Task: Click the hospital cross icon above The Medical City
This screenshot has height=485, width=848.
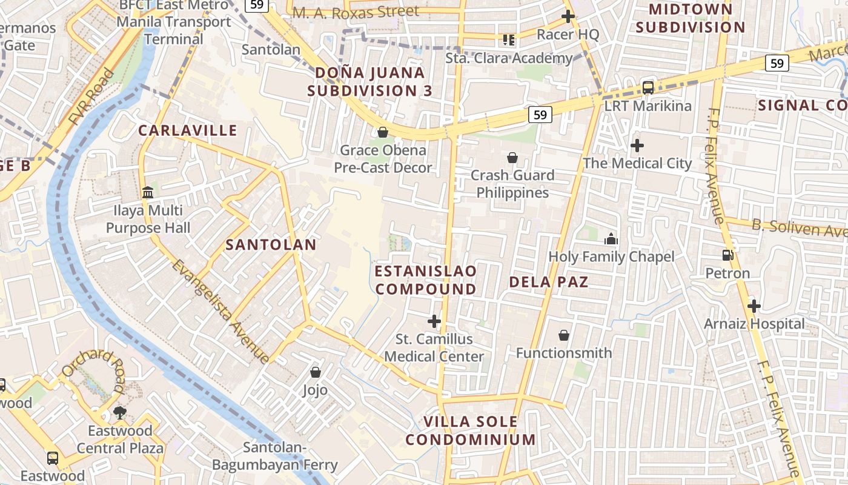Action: pos(637,145)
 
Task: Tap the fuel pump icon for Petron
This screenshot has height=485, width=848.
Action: pos(727,256)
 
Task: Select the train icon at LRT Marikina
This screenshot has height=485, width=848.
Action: pos(648,88)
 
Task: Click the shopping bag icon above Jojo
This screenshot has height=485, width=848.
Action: pos(315,372)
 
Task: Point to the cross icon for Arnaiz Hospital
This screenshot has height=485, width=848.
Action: pos(754,306)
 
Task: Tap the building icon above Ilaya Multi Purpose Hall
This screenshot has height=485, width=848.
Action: pos(148,193)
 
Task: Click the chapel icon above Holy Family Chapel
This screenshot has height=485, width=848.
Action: pos(611,239)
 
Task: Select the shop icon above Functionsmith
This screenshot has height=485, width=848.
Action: pos(564,335)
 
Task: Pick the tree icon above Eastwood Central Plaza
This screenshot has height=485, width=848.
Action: pos(120,413)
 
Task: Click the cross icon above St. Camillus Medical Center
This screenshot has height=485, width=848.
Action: pos(434,321)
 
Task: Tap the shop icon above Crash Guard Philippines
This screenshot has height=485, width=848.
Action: pos(512,158)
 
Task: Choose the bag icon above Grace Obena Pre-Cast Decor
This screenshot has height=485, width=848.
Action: pos(383,132)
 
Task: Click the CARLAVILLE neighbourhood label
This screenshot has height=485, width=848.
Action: pos(188,130)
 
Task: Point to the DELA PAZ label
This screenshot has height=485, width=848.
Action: pos(548,282)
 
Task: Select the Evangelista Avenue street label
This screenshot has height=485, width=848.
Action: pos(220,311)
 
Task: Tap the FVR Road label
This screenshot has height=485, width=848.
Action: pos(91,98)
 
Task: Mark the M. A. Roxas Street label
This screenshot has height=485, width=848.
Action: pos(356,12)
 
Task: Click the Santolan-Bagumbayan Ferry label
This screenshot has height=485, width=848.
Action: pos(274,457)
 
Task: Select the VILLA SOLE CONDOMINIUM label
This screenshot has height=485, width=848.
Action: pos(471,430)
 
